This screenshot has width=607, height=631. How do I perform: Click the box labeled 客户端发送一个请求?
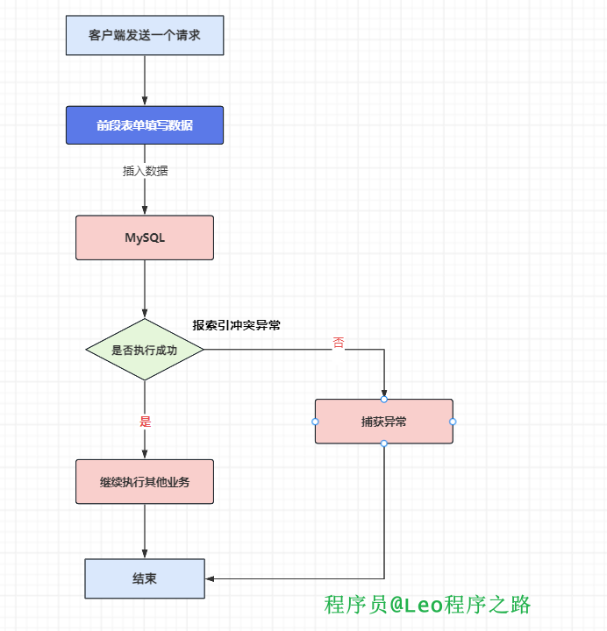point(145,35)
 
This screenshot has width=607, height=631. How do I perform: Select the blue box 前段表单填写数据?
point(145,125)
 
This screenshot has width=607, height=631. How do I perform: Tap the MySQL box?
point(145,238)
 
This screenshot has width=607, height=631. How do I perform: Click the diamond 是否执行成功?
point(145,350)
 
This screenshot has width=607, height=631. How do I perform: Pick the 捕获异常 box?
point(383,422)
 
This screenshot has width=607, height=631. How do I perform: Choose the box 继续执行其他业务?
point(145,482)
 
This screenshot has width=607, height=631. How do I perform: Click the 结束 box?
point(145,578)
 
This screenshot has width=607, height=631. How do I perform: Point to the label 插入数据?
point(145,171)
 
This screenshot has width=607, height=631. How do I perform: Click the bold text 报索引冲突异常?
point(237,325)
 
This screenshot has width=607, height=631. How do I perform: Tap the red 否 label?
point(339,343)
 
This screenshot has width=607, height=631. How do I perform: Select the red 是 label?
point(146,422)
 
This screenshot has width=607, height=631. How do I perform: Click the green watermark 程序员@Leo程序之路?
point(427,605)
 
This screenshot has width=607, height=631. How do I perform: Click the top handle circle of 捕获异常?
point(383,400)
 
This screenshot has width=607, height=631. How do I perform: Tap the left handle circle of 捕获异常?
point(315,422)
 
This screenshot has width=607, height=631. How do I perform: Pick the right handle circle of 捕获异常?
point(453,422)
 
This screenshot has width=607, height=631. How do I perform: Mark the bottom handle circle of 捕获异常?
point(383,443)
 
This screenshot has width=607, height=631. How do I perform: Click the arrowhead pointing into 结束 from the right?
point(210,578)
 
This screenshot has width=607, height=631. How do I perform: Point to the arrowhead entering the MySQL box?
point(145,210)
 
